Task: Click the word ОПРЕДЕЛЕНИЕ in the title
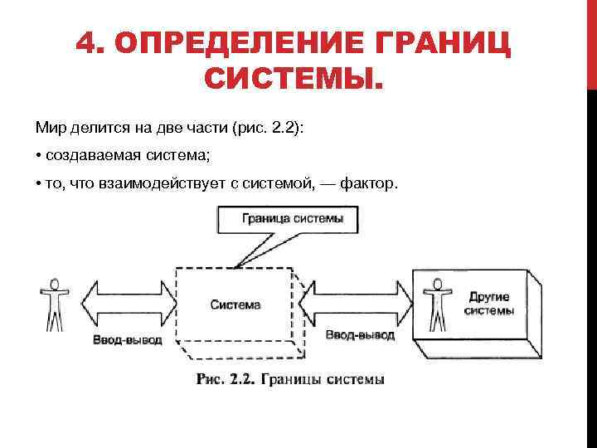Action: [x=218, y=43]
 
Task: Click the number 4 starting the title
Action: [x=85, y=43]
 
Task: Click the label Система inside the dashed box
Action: [x=235, y=304]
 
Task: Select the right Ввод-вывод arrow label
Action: [x=359, y=335]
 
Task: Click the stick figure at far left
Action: [x=55, y=304]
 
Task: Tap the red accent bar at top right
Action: [x=592, y=41]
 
